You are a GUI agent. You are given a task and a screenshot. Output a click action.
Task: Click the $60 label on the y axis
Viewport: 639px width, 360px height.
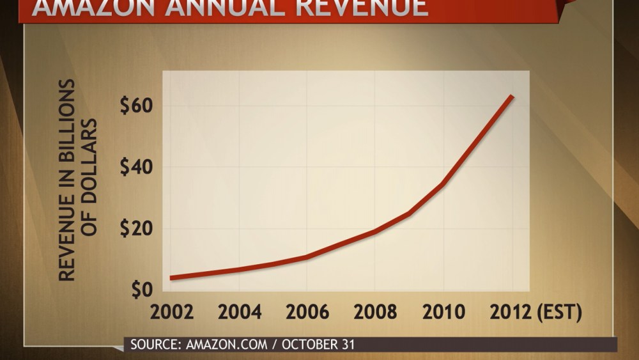coord(135,106)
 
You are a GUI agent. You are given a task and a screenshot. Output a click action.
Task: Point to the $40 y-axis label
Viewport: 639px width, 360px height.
coord(135,168)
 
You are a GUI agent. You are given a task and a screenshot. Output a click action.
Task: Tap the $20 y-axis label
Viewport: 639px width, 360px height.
coord(135,228)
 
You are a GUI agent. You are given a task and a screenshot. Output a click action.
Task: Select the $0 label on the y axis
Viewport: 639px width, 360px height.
coord(142,290)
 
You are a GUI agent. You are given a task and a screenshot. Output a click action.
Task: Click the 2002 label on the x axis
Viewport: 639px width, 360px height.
coord(172,313)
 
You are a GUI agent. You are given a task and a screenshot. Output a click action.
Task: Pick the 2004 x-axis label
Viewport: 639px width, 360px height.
coord(240,313)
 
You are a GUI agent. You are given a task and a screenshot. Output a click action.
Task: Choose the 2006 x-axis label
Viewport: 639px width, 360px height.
coord(307,313)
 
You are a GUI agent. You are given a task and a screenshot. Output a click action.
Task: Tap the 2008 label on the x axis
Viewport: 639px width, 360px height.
coord(376,313)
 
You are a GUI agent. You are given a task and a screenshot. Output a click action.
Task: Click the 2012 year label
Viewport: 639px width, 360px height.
coord(512,313)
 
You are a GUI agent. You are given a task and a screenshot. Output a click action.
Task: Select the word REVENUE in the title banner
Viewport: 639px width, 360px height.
coord(358,8)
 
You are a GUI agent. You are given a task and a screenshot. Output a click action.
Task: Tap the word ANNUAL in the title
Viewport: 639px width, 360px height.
coord(214,8)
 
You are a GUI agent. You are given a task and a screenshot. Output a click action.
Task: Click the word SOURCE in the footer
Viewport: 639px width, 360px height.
coord(154,345)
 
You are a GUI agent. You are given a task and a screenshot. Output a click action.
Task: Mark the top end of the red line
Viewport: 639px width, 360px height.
coord(511,97)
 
